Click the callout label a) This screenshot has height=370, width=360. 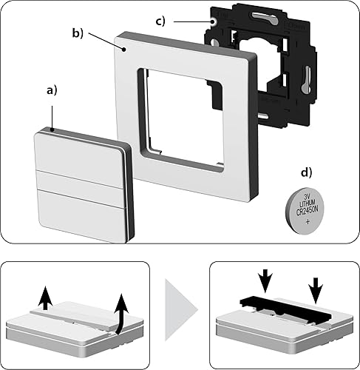(52, 90)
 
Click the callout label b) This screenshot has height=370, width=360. (78, 33)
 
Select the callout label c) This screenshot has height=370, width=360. (160, 21)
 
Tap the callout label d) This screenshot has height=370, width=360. (306, 172)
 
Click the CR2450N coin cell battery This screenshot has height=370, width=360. (305, 210)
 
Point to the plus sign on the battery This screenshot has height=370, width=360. (308, 221)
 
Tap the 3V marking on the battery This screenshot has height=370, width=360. (307, 197)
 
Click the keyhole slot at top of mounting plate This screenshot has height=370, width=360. (264, 18)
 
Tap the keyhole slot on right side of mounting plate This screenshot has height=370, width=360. (306, 79)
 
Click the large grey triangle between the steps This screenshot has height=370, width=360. (182, 310)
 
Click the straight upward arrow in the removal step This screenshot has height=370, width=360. (45, 297)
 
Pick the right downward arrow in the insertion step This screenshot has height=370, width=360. (316, 290)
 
